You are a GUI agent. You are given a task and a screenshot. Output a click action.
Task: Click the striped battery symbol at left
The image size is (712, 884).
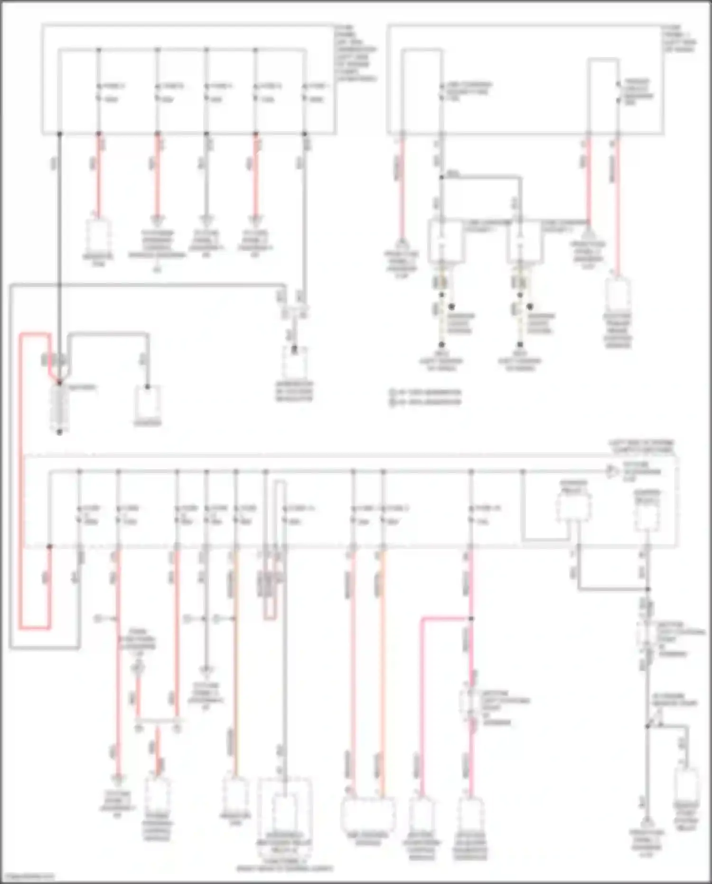click(x=59, y=406)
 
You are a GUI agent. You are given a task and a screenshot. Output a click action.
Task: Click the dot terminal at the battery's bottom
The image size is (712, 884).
click(x=59, y=432)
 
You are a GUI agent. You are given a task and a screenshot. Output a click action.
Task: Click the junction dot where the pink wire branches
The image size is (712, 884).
click(x=471, y=618)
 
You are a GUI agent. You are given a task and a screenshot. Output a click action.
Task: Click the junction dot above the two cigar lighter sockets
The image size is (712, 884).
click(x=441, y=177)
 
